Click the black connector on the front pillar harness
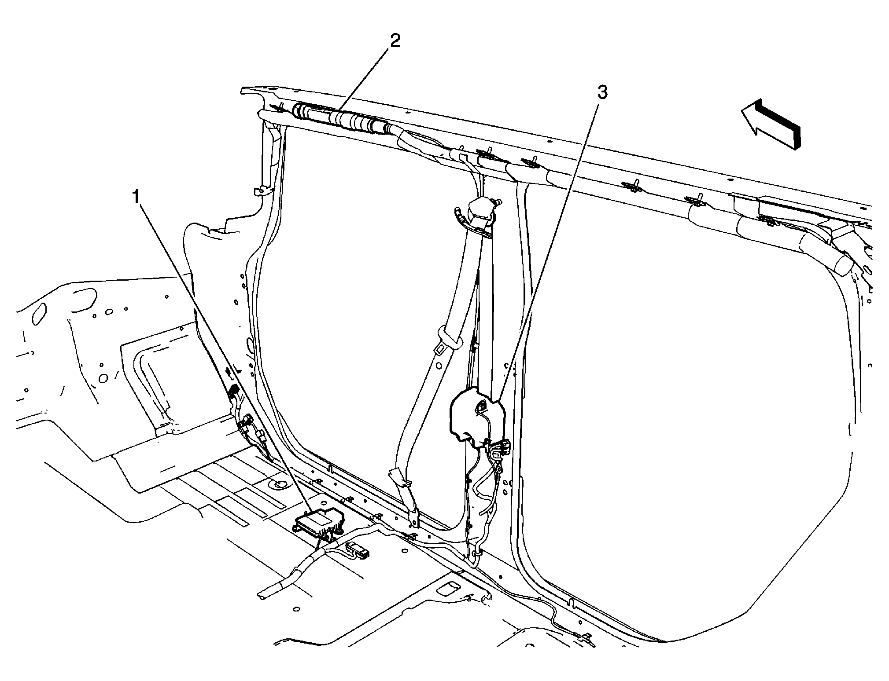click(x=234, y=391)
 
